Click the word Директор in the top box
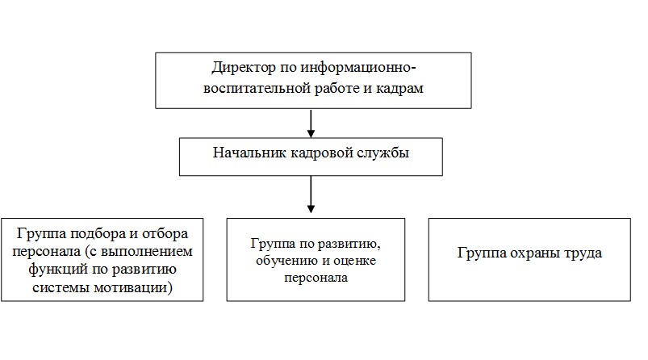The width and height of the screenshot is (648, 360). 244,68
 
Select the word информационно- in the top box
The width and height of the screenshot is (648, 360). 357,68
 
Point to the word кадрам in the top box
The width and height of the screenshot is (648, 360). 399,89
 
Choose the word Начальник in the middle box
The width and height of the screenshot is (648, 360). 249,153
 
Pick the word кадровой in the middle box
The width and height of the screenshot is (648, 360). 321,153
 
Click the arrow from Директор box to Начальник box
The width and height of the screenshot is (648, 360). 311,123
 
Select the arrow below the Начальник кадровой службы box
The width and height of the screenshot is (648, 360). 311,195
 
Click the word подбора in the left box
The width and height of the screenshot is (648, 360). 98,234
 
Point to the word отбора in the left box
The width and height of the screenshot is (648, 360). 165,233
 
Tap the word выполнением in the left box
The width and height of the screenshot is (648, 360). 147,252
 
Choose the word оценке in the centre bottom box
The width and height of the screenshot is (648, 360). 354,261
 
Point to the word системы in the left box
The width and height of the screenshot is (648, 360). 61,287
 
